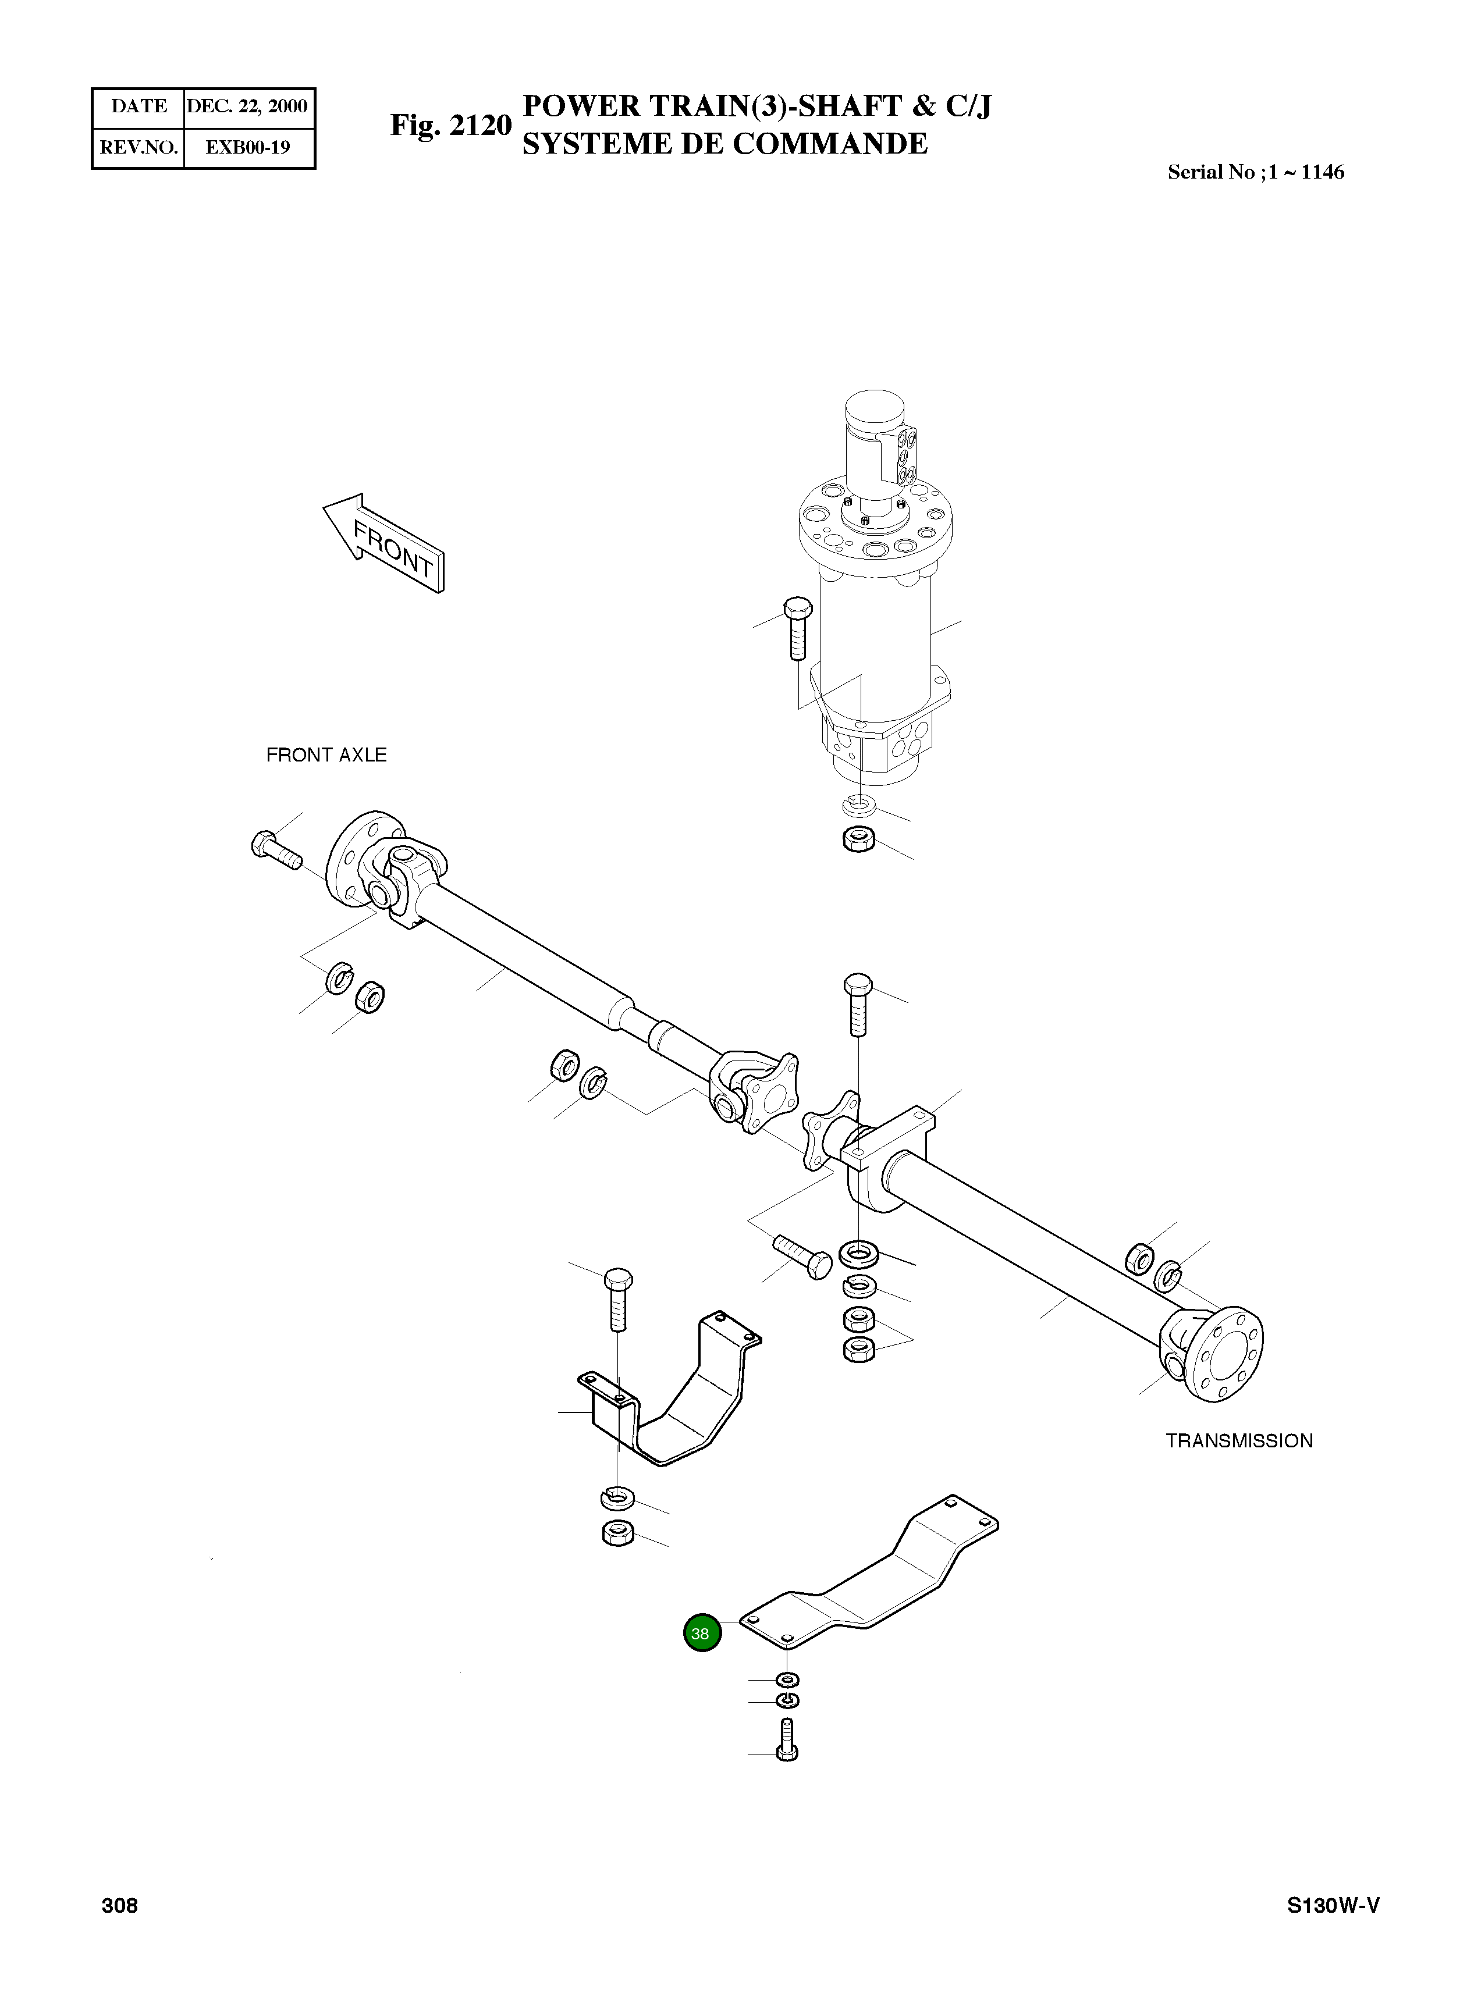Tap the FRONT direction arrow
tap(383, 543)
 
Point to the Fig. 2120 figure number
tap(451, 125)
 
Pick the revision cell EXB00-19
tap(248, 147)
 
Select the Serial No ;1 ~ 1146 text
tap(1255, 172)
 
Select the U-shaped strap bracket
tap(675, 1396)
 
